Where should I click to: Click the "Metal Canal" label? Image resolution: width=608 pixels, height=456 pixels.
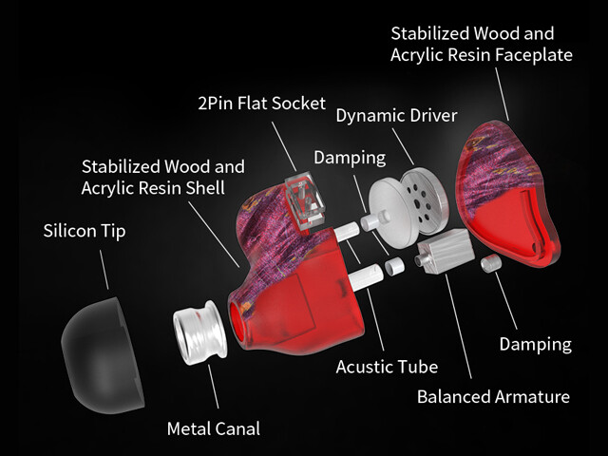pyautogui.click(x=214, y=427)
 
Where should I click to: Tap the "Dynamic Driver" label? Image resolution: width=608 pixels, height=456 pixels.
pyautogui.click(x=396, y=116)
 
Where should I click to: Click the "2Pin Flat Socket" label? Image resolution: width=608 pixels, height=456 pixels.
pyautogui.click(x=261, y=102)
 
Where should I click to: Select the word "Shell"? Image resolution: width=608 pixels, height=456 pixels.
pyautogui.click(x=201, y=187)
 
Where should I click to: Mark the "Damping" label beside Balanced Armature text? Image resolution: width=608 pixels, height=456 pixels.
pyautogui.click(x=536, y=344)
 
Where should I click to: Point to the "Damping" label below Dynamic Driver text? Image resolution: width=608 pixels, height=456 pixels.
pyautogui.click(x=349, y=158)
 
